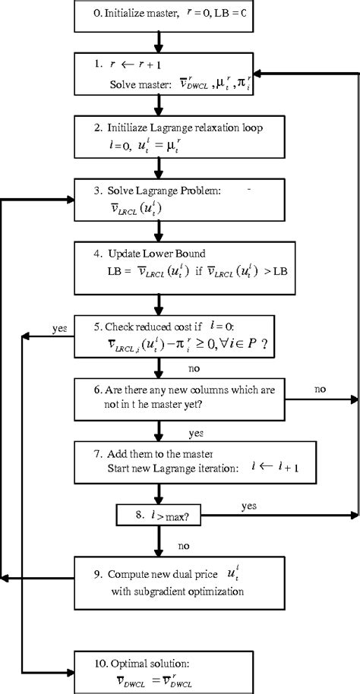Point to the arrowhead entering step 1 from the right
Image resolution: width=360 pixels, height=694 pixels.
(x=262, y=73)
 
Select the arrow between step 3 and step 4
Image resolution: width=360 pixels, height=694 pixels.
(x=156, y=232)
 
